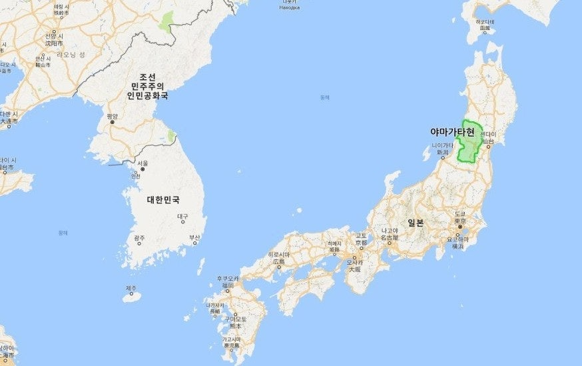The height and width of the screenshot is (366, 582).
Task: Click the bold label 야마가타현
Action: point(452,133)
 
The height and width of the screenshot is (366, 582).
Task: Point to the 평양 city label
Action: point(112,116)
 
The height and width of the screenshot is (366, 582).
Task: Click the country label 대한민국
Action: point(163,199)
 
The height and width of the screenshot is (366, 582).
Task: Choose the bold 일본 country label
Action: point(416,223)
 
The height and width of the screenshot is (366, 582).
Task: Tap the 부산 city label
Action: point(194,237)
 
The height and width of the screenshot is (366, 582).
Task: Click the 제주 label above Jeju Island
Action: point(131,288)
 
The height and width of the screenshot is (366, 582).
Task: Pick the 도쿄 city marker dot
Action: point(459,227)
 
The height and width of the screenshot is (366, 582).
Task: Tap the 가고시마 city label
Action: point(232,339)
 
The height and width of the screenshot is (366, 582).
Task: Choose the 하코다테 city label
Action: point(484,22)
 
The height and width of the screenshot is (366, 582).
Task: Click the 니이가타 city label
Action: point(442,145)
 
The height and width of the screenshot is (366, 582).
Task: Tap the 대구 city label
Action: point(182,217)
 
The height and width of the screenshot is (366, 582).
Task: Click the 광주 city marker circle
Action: point(139,243)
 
